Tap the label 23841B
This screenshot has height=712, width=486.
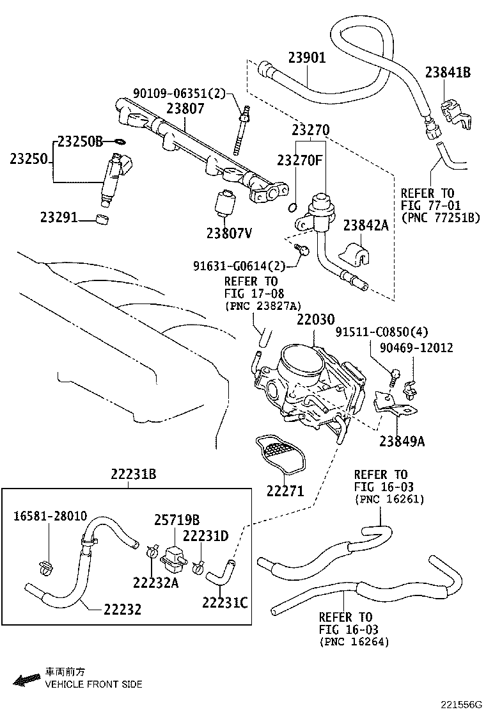click(447, 72)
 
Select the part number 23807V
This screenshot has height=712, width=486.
click(228, 232)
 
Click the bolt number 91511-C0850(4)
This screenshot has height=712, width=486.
click(382, 332)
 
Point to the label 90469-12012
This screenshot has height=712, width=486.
click(416, 348)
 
